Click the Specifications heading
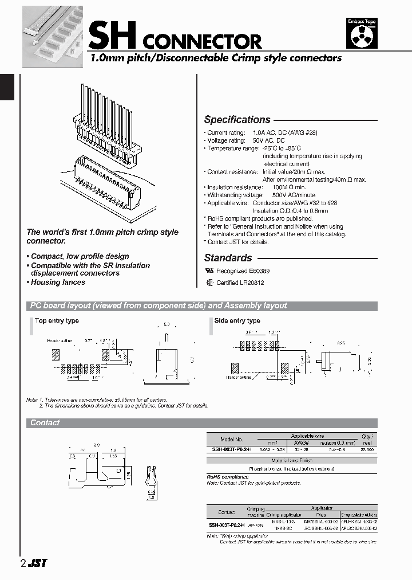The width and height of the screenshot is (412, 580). (x=237, y=120)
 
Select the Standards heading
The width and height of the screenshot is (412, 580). (x=228, y=258)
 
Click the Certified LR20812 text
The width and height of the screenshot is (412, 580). (x=240, y=283)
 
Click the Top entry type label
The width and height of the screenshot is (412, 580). (x=57, y=321)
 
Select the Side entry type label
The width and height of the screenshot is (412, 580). (x=237, y=321)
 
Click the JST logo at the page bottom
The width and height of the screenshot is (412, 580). (x=38, y=563)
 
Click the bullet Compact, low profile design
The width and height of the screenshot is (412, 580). (x=79, y=256)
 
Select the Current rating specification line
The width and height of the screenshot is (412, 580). (x=260, y=132)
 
